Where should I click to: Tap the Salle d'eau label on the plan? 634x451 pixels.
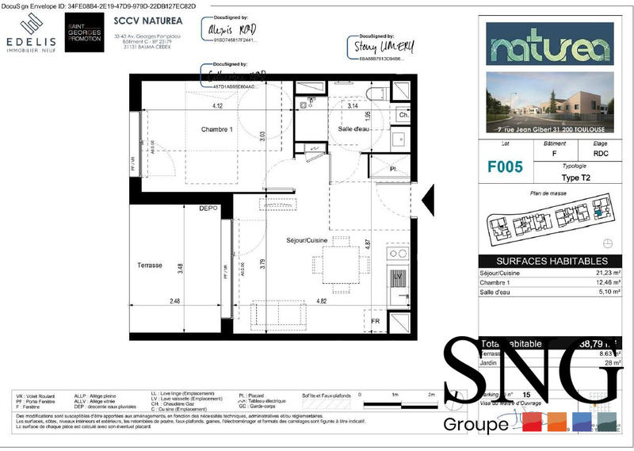pyautogui.click(x=354, y=129)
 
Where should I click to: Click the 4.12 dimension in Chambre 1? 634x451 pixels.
pyautogui.click(x=216, y=106)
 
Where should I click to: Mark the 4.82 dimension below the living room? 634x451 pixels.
pyautogui.click(x=322, y=301)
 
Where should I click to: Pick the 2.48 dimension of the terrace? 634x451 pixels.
pyautogui.click(x=175, y=301)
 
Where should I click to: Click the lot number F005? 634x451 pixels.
pyautogui.click(x=505, y=167)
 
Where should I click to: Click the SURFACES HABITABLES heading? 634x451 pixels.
pyautogui.click(x=552, y=261)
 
